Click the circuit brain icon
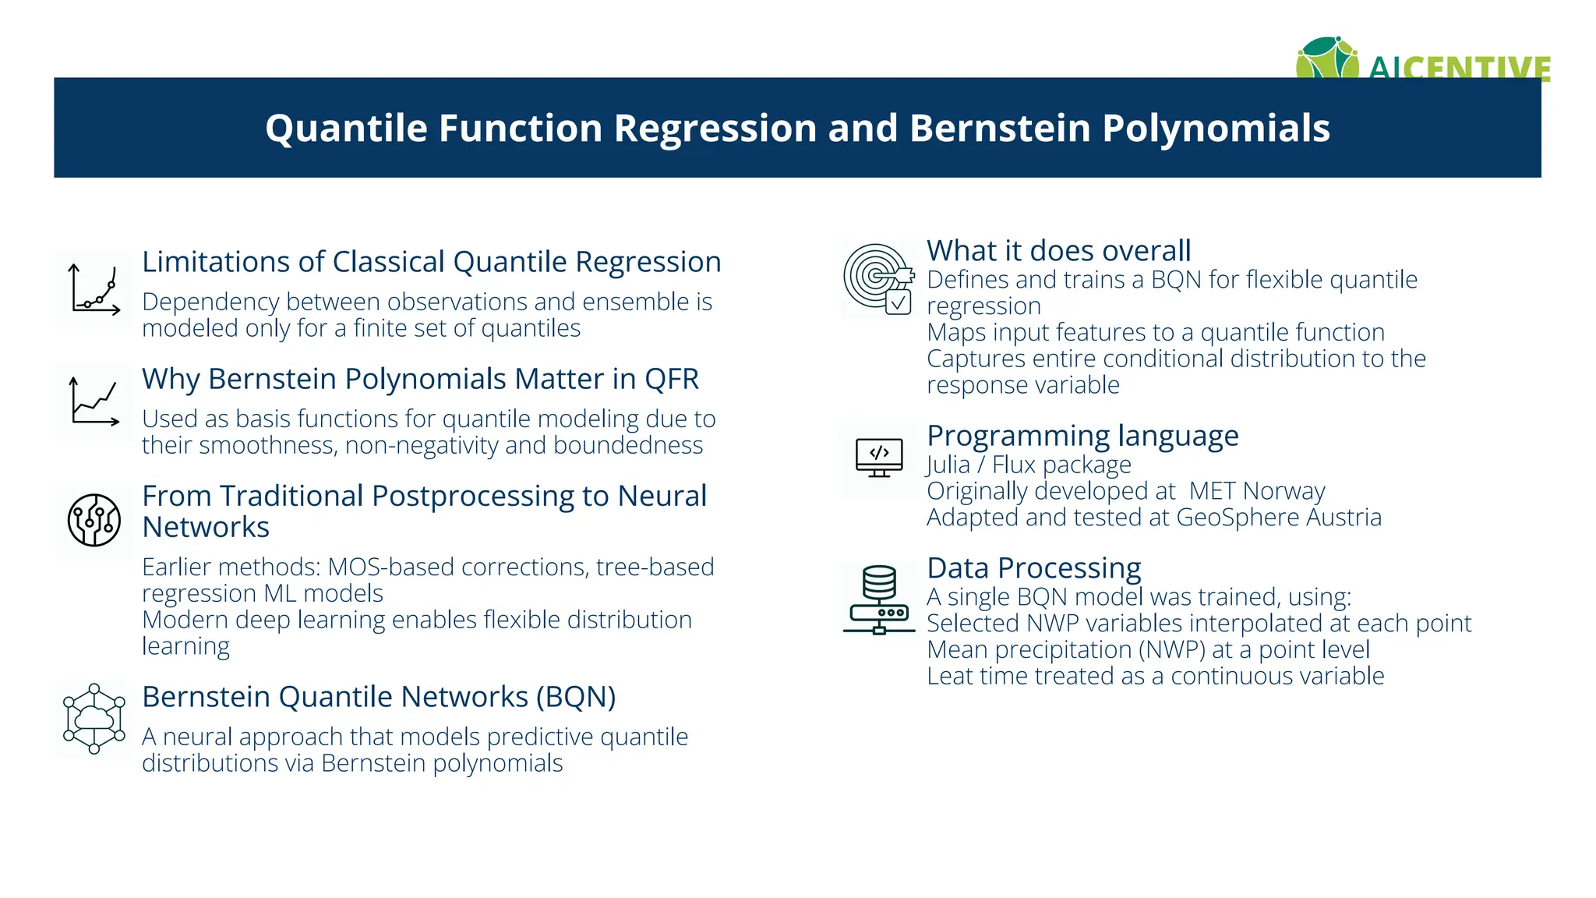click(x=94, y=520)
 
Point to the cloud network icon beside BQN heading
click(x=94, y=719)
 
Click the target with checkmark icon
click(x=878, y=279)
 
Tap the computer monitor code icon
click(x=879, y=458)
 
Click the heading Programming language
click(x=1082, y=436)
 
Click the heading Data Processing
click(x=1033, y=568)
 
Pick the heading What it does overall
click(x=1058, y=251)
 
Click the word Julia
click(x=948, y=465)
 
